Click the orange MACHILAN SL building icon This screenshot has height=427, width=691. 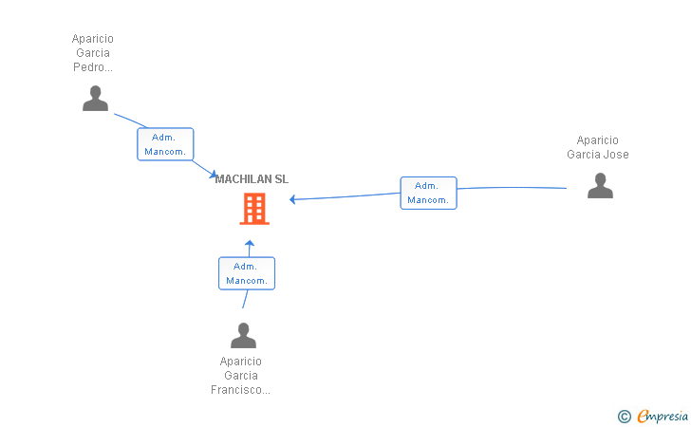254,209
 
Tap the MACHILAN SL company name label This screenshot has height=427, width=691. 252,179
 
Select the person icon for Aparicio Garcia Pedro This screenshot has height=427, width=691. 95,99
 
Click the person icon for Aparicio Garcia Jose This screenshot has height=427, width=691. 600,186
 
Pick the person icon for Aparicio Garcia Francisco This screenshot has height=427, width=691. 244,336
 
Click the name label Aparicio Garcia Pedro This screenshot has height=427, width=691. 92,53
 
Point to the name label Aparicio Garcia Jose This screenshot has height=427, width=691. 598,147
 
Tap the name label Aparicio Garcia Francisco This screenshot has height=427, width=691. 240,376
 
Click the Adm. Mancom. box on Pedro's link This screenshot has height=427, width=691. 165,144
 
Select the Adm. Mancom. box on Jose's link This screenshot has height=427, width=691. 428,193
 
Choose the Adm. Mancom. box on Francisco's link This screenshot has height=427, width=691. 247,273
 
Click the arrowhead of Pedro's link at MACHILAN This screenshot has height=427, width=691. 213,174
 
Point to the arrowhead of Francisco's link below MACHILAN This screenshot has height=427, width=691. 250,244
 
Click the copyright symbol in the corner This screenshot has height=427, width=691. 624,416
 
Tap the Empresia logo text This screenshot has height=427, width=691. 663,416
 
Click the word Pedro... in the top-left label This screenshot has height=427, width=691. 92,67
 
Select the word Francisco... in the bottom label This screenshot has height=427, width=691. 240,390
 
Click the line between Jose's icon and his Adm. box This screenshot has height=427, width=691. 513,188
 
